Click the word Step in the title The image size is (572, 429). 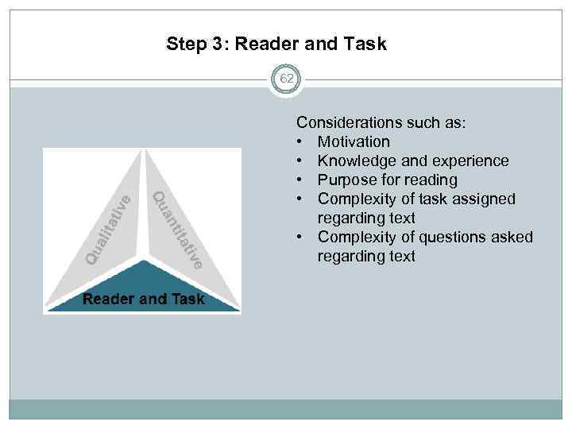[x=185, y=44]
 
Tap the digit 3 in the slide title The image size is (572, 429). [x=217, y=44]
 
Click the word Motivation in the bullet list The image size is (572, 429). [x=354, y=142]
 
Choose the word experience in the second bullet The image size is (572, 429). [x=470, y=161]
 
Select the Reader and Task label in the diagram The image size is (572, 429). [x=144, y=300]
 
